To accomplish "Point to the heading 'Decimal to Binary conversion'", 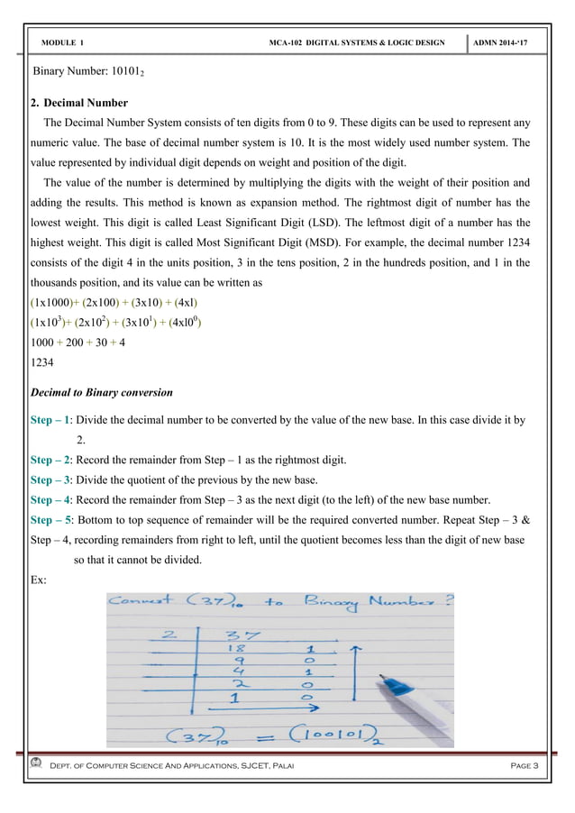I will [101, 393].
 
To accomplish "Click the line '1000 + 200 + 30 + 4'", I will [78, 343].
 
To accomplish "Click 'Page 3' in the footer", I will [523, 765].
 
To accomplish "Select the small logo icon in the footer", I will [36, 764].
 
